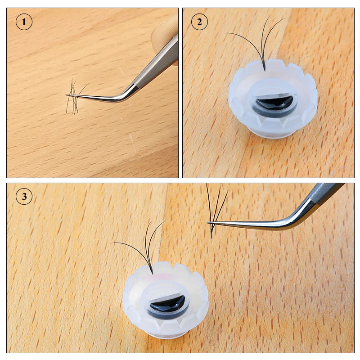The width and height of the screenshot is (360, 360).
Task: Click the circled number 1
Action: tap(24, 22)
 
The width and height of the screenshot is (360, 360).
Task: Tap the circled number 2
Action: tap(199, 22)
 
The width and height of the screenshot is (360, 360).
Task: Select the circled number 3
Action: tap(24, 197)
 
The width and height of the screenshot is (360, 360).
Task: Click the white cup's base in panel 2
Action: tap(272, 133)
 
